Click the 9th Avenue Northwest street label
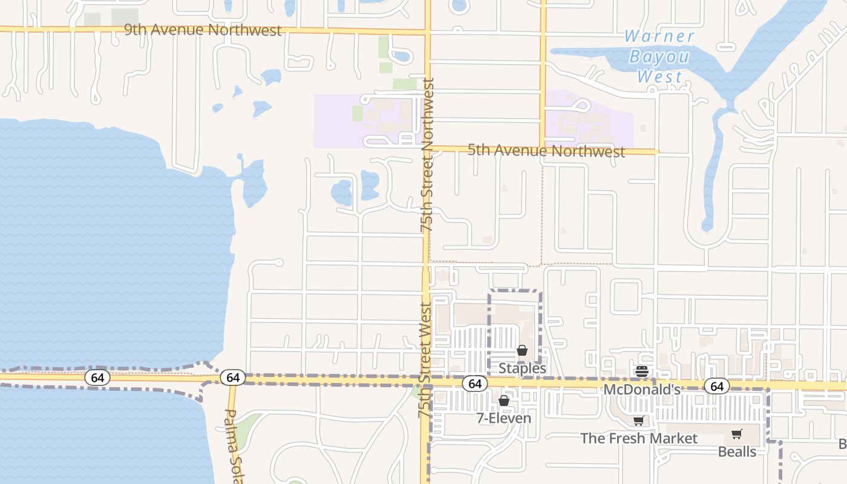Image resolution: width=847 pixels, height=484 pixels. pos(203,30)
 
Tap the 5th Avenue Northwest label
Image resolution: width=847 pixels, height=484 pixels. pos(546,151)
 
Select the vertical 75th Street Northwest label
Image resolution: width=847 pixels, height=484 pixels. pos(427,155)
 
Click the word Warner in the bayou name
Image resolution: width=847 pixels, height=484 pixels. pos(659,36)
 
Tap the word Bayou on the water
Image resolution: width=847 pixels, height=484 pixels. pos(659,57)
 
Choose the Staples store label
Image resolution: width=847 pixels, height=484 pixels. pos(522,368)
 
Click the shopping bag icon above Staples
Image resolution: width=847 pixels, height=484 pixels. pos(522,350)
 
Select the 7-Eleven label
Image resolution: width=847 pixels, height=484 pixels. pos(504,418)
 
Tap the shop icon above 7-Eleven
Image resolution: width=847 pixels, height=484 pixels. pos(504,401)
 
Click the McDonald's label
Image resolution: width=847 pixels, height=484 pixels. pos(642,390)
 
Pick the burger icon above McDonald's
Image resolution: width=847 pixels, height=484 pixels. pos(642,371)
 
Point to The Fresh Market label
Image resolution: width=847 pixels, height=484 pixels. pos(639,438)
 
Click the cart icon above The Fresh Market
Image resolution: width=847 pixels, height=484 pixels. pos(638,421)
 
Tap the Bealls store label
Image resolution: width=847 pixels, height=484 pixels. pos(737,451)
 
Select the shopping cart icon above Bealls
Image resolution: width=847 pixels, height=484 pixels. pos(736,434)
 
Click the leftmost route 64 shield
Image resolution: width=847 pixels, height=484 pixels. pos(97,378)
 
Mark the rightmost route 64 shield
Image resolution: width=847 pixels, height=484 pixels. pos(717,385)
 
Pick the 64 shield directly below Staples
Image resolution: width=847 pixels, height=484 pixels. pos(475,384)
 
